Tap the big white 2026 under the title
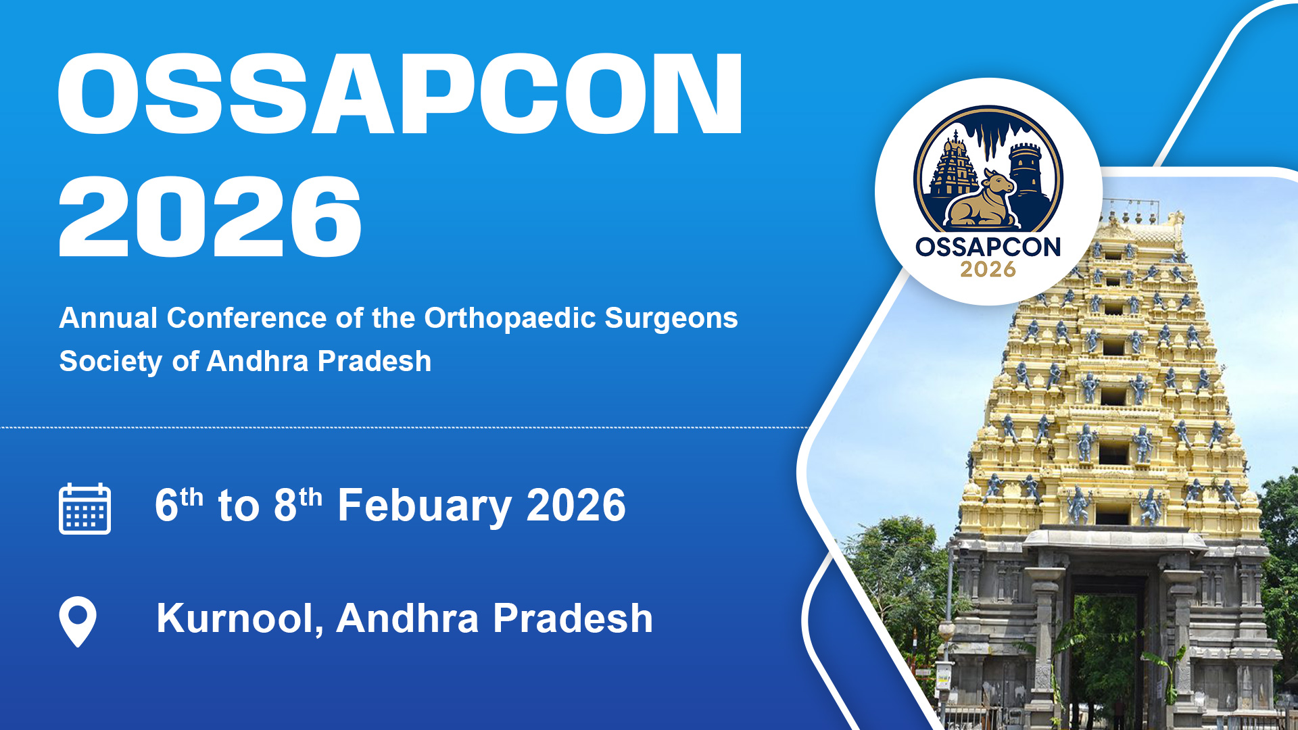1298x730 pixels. point(210,216)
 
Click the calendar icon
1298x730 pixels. point(85,509)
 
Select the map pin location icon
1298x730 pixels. point(78,621)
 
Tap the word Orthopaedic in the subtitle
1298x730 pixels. point(509,318)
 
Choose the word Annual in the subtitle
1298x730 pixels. point(108,318)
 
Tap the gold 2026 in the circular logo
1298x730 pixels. point(988,269)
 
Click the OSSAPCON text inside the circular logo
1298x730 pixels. point(988,247)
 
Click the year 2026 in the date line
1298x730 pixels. point(576,506)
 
